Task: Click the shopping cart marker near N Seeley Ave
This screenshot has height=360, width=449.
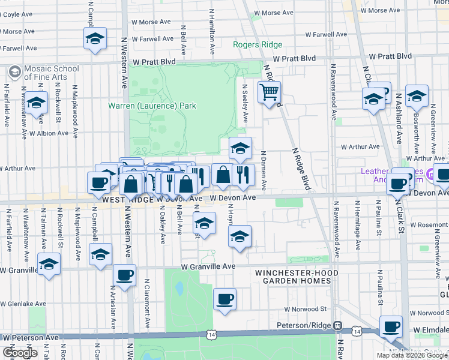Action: coord(270,93)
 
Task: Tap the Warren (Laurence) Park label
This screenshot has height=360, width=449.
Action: coord(152,106)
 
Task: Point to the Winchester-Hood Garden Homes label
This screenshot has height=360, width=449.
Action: coord(297,277)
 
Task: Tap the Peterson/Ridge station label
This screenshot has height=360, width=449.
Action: coord(304,326)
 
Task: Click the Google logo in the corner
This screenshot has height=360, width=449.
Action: coord(20,353)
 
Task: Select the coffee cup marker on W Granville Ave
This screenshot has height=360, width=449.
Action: coord(125,276)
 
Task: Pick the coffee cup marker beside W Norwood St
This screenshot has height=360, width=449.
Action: coord(224,299)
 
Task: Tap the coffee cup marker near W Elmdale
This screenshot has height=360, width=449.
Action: coord(391,327)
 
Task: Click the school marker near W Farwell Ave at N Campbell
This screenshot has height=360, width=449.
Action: coord(95,39)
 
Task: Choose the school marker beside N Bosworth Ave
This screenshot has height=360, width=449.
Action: coord(417,96)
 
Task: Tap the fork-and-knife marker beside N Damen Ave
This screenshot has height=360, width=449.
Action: coord(243,175)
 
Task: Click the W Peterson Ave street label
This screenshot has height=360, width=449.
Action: coord(30,338)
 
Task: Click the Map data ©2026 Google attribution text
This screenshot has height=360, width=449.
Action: coord(412,355)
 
